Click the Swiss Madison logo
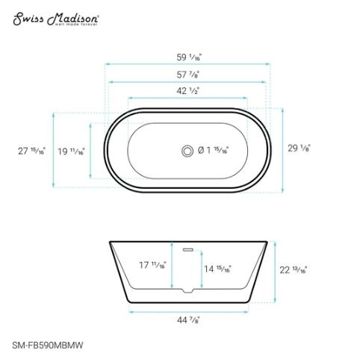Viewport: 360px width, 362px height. pos(56,18)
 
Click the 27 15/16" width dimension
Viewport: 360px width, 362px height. pos(31,151)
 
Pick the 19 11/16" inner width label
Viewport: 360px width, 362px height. pos(72,151)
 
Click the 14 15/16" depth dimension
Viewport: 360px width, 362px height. pos(218,269)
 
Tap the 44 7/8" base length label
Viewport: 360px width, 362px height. pos(187,321)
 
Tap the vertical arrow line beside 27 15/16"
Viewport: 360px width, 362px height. pos(54,151)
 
